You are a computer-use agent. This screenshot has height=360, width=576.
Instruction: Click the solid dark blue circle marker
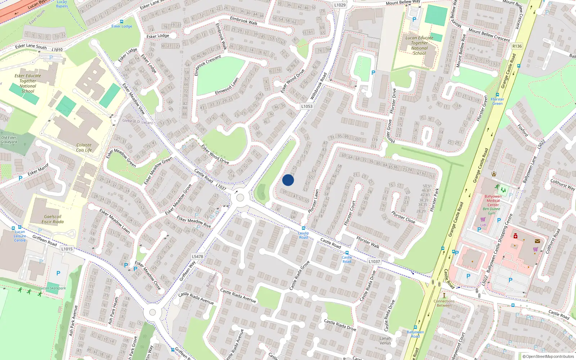tap(288, 180)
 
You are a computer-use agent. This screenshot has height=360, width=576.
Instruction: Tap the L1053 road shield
tap(307, 106)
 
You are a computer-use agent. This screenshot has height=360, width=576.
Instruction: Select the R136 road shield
tap(517, 46)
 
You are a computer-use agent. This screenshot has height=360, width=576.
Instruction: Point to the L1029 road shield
tap(339, 5)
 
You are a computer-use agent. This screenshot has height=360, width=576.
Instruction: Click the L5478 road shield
tap(197, 257)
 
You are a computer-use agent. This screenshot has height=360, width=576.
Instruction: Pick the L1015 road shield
tap(67, 249)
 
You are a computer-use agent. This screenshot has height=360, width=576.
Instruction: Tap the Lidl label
tap(483, 225)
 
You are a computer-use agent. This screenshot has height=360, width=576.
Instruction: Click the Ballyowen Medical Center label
tap(493, 201)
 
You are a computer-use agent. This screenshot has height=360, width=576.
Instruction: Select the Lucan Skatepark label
tap(53, 288)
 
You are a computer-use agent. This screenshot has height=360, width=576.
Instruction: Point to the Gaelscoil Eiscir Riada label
tap(53, 219)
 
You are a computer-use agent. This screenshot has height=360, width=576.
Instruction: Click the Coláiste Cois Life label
tap(84, 148)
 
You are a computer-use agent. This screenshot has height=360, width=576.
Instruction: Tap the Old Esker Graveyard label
tap(9, 140)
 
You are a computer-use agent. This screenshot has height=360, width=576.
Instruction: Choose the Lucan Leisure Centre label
tap(20, 236)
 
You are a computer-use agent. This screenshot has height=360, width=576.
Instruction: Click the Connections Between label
tap(444, 303)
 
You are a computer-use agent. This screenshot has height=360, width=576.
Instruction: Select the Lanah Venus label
tap(385, 341)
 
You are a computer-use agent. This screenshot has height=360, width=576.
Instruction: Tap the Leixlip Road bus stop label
tap(303, 235)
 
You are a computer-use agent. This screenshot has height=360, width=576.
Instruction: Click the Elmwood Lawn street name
tap(227, 86)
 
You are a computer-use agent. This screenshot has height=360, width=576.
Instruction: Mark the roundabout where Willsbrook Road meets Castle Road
tap(240, 198)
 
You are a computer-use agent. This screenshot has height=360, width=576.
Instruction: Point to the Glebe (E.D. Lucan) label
tap(137, 121)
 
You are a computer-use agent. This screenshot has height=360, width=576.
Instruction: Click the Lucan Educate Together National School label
tap(419, 45)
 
